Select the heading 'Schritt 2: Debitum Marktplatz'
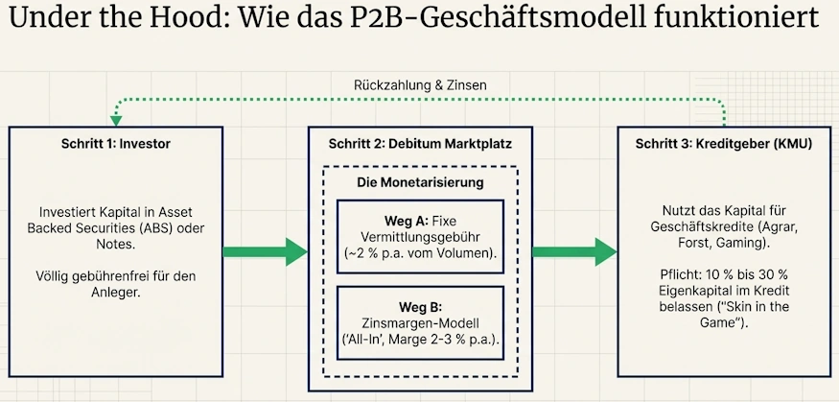420,144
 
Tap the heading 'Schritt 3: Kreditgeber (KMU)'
724,144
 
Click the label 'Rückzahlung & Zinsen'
420,85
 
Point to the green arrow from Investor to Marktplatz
264,252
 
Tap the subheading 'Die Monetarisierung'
420,180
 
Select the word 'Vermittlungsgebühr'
420,236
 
